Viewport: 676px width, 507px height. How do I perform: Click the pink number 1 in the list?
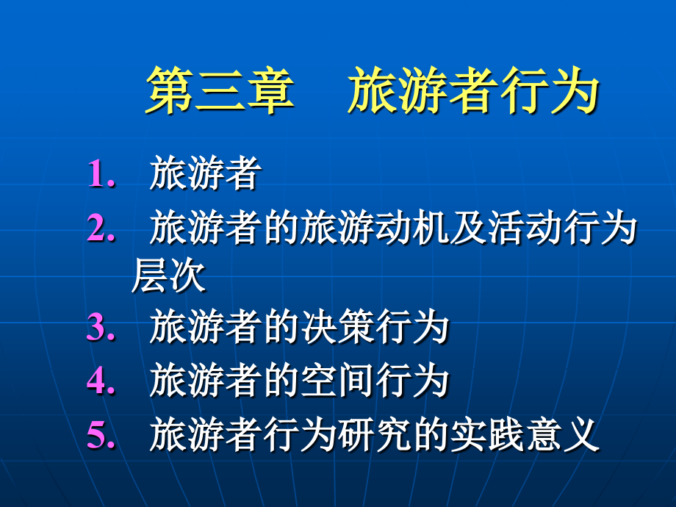[98, 175]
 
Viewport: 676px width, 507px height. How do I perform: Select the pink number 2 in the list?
[97, 229]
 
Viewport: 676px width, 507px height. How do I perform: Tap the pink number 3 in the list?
[97, 327]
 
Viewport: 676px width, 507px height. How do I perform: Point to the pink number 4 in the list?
[97, 381]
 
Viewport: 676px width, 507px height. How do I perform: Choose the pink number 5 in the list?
[97, 436]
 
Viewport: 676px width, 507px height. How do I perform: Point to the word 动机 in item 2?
[411, 229]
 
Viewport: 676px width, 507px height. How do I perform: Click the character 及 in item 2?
[467, 229]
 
